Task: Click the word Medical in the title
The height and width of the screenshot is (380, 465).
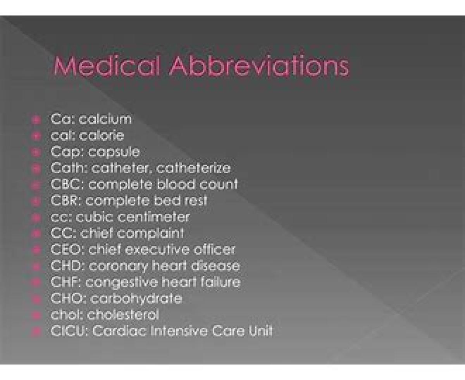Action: coord(107,65)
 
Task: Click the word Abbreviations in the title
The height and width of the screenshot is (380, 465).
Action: coord(259,65)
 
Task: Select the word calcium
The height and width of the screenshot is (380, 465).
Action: coord(105,119)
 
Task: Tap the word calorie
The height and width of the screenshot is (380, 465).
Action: coord(102,135)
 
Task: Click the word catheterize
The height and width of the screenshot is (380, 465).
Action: coord(193,168)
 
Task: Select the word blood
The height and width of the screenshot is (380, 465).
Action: coord(176,184)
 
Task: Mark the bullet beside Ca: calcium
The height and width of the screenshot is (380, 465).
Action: coord(36,120)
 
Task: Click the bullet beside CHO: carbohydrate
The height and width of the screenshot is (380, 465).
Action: coord(36,299)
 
